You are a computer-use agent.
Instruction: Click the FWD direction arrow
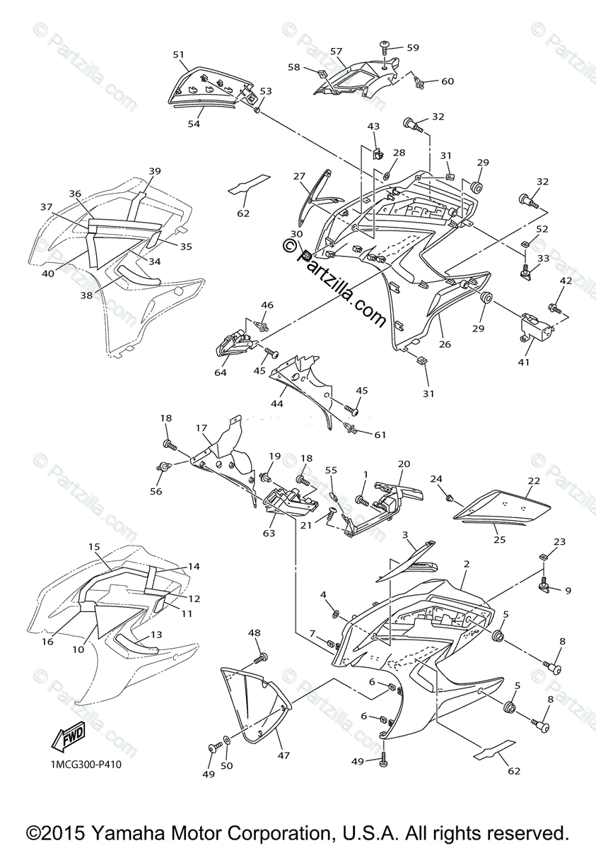coord(68,738)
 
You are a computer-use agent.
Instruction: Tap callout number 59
coord(412,48)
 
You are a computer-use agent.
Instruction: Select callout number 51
coord(178,54)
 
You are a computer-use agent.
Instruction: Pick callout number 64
coord(221,372)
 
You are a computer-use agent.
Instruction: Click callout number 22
coord(533,481)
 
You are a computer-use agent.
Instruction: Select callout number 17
coord(201,428)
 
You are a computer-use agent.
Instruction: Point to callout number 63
coord(269,533)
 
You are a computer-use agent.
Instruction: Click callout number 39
coord(155,172)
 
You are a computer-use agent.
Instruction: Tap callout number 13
coord(156,635)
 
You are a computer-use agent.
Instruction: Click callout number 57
coord(336,51)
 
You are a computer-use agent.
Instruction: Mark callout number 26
coord(445,344)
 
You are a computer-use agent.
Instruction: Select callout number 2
coord(467,564)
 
